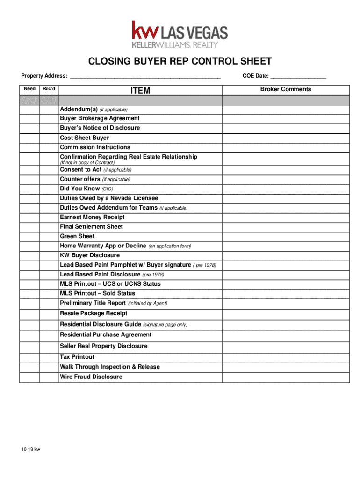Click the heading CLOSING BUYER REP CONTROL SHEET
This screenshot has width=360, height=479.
coord(180,62)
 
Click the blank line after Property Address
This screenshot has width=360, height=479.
coord(145,76)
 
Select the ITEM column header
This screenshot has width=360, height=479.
coord(140,90)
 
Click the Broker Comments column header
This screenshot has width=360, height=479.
coord(286,89)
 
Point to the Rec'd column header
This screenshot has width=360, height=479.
coord(49,89)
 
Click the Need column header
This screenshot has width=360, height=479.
coord(29,89)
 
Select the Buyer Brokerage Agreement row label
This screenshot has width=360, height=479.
coord(100,118)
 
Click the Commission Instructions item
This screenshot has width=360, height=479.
coord(95,147)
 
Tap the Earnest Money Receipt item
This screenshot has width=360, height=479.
coord(92,217)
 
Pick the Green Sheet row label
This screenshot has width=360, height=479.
coord(77,236)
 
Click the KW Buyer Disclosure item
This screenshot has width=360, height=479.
coord(90,255)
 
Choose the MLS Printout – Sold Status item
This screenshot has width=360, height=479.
coord(97,293)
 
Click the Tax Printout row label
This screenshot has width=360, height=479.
coord(77,357)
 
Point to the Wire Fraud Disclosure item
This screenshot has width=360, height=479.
coord(91,377)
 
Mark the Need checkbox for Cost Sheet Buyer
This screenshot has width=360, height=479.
coord(29,138)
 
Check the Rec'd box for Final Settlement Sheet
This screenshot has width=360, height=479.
coord(49,227)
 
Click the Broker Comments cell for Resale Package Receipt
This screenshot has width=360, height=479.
coord(286,313)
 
